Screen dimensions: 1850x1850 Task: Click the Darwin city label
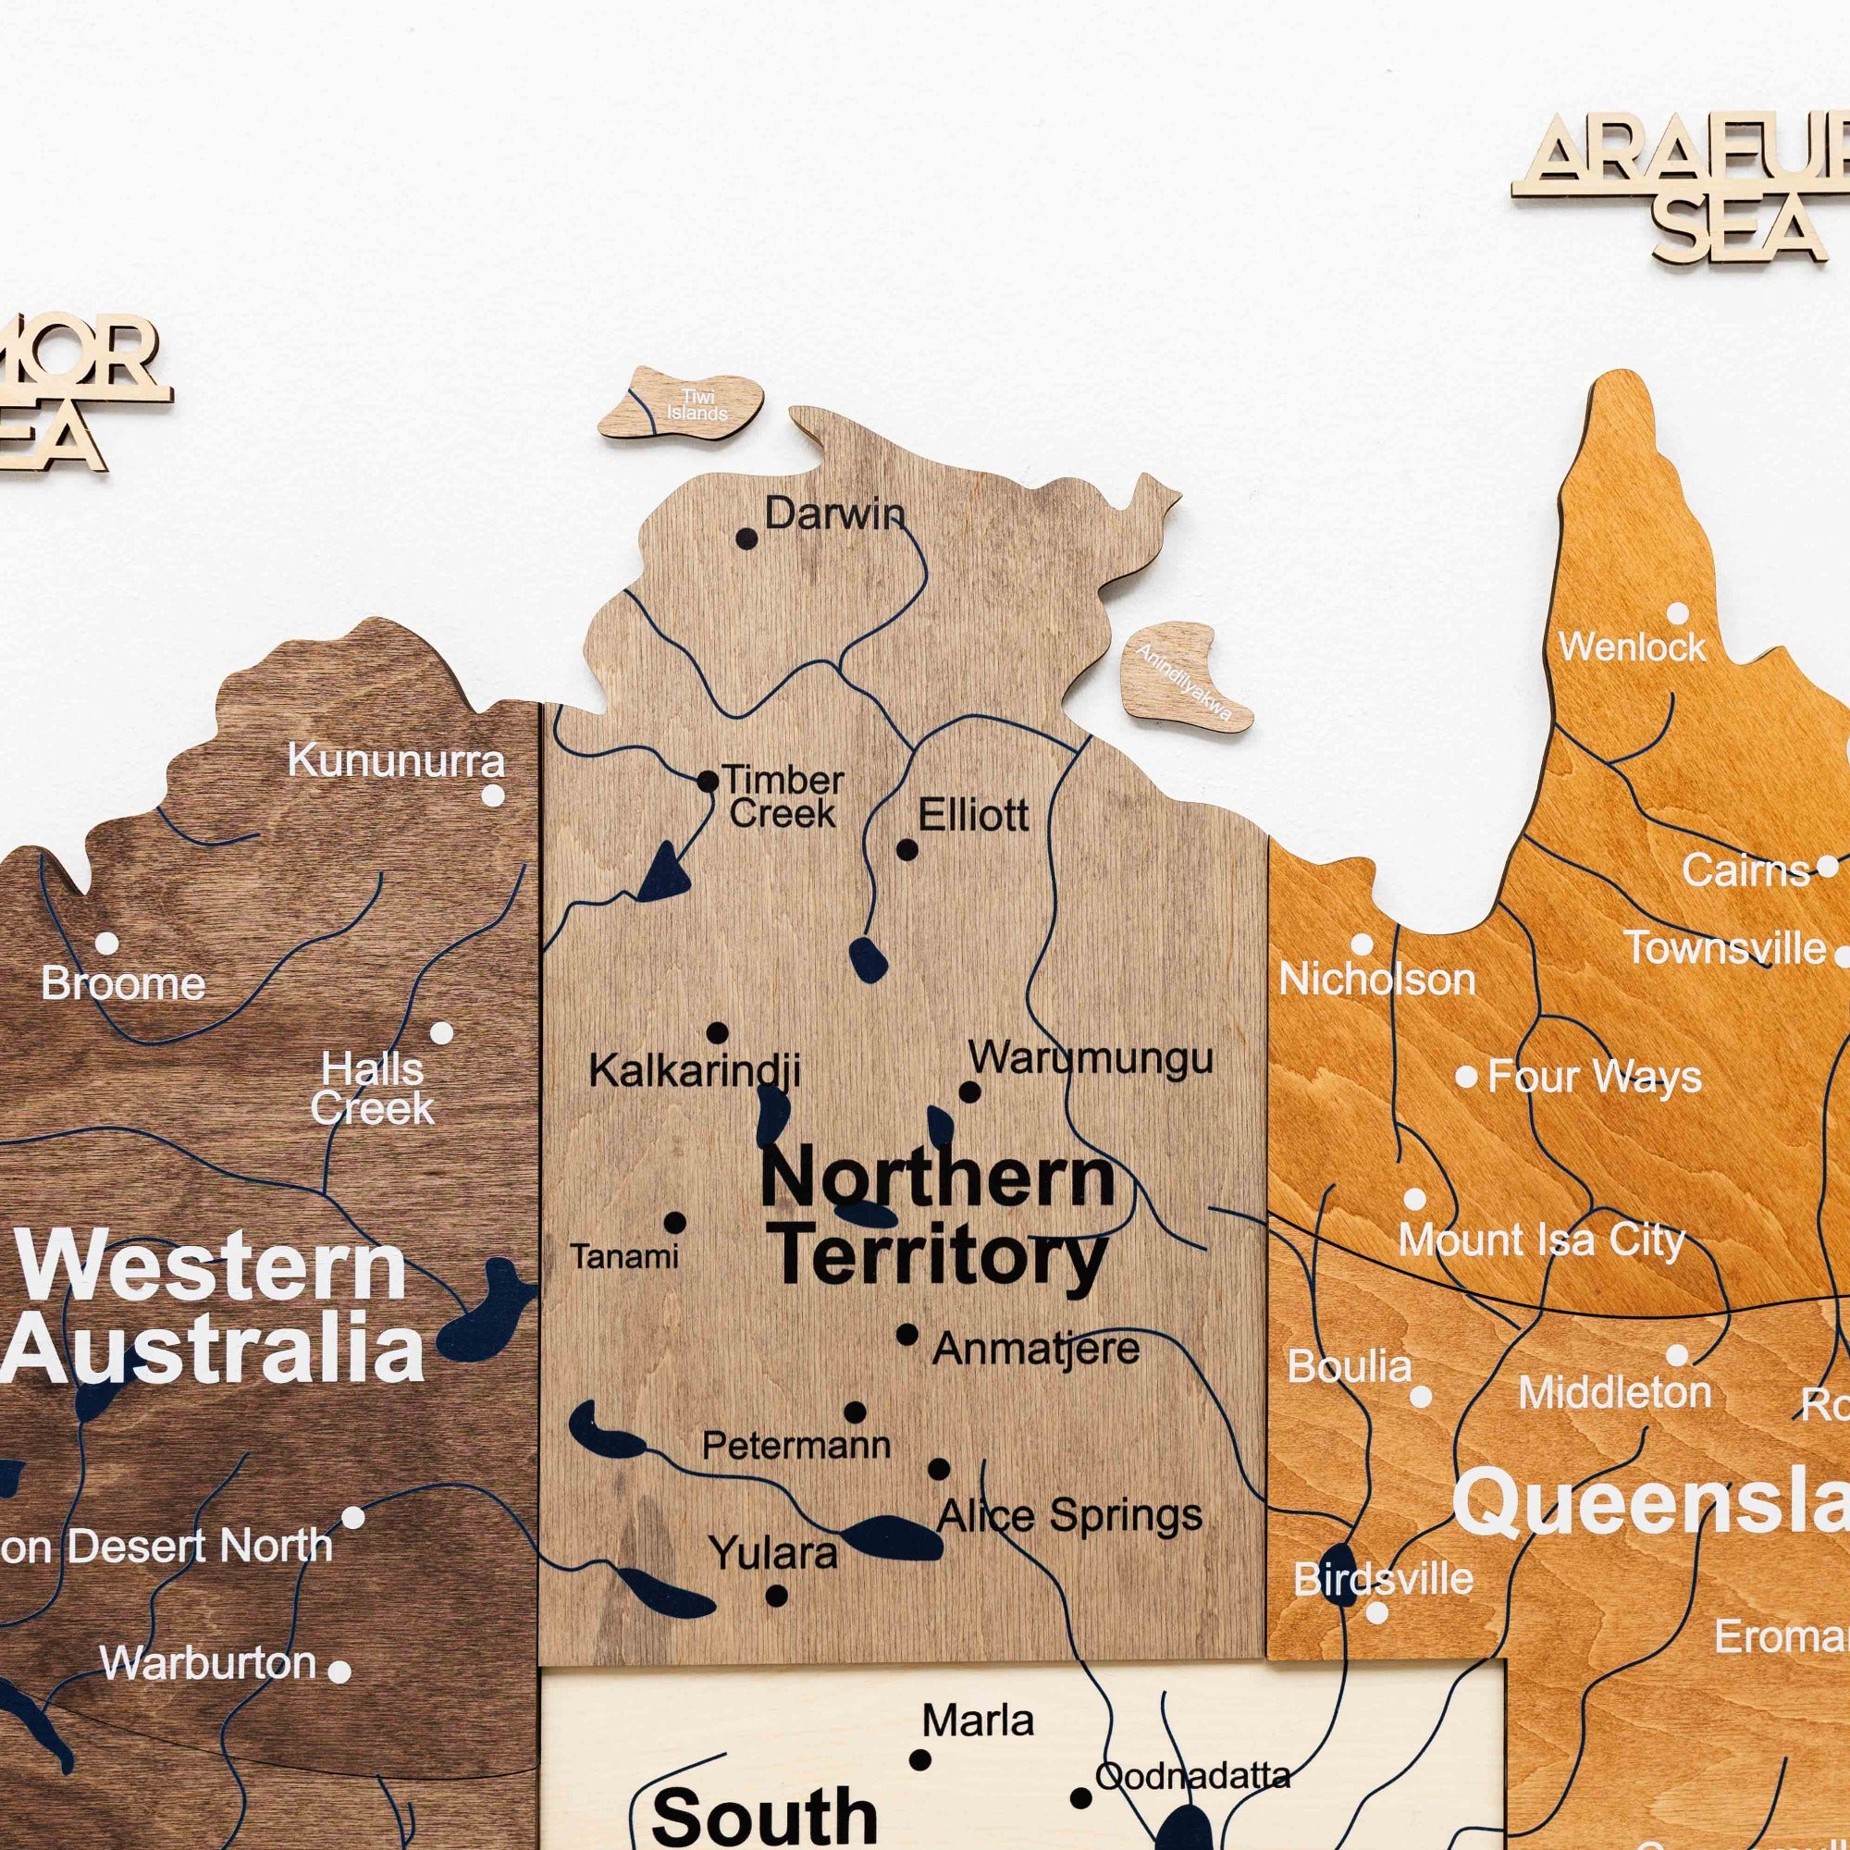click(834, 515)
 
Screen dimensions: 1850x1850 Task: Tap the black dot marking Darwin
click(746, 539)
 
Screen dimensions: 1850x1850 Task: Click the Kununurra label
click(396, 762)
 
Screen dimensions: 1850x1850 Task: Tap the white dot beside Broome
click(106, 944)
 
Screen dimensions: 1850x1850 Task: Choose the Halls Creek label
click(373, 1089)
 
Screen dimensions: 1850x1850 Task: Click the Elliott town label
click(973, 816)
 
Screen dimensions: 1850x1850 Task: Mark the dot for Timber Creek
click(708, 782)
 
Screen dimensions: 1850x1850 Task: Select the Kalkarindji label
click(695, 1070)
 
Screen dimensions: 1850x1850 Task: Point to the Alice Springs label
click(1069, 1515)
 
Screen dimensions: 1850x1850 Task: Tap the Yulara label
click(772, 1552)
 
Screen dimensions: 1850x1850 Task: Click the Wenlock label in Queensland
click(1632, 647)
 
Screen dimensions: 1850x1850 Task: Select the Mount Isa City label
click(1541, 1241)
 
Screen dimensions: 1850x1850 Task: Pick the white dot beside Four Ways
click(1466, 1077)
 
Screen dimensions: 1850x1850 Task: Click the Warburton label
click(209, 1662)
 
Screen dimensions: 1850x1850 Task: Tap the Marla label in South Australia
click(978, 1720)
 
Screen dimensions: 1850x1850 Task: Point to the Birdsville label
click(1383, 1579)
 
